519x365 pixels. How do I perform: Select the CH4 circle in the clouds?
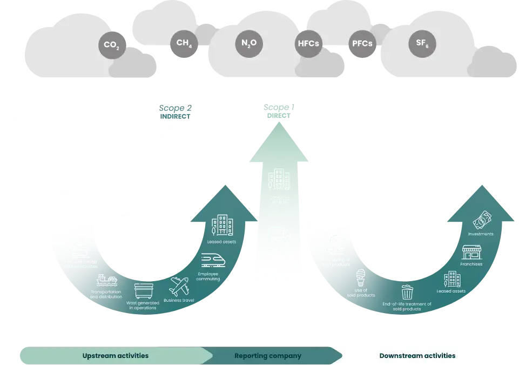coord(183,44)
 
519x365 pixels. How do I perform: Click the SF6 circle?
coord(422,43)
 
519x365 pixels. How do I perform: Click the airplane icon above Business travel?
coord(179,286)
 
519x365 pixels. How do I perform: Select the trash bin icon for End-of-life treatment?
coord(407,292)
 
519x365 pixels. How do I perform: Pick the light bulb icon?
coord(360,278)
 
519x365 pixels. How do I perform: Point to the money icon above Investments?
coord(482,220)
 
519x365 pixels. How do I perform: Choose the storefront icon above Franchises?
coord(471,252)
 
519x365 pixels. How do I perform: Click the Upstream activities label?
coord(115,356)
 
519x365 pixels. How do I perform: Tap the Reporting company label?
coord(267,356)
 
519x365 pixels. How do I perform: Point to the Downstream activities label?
coord(417,356)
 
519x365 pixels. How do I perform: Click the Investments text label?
coord(481,234)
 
